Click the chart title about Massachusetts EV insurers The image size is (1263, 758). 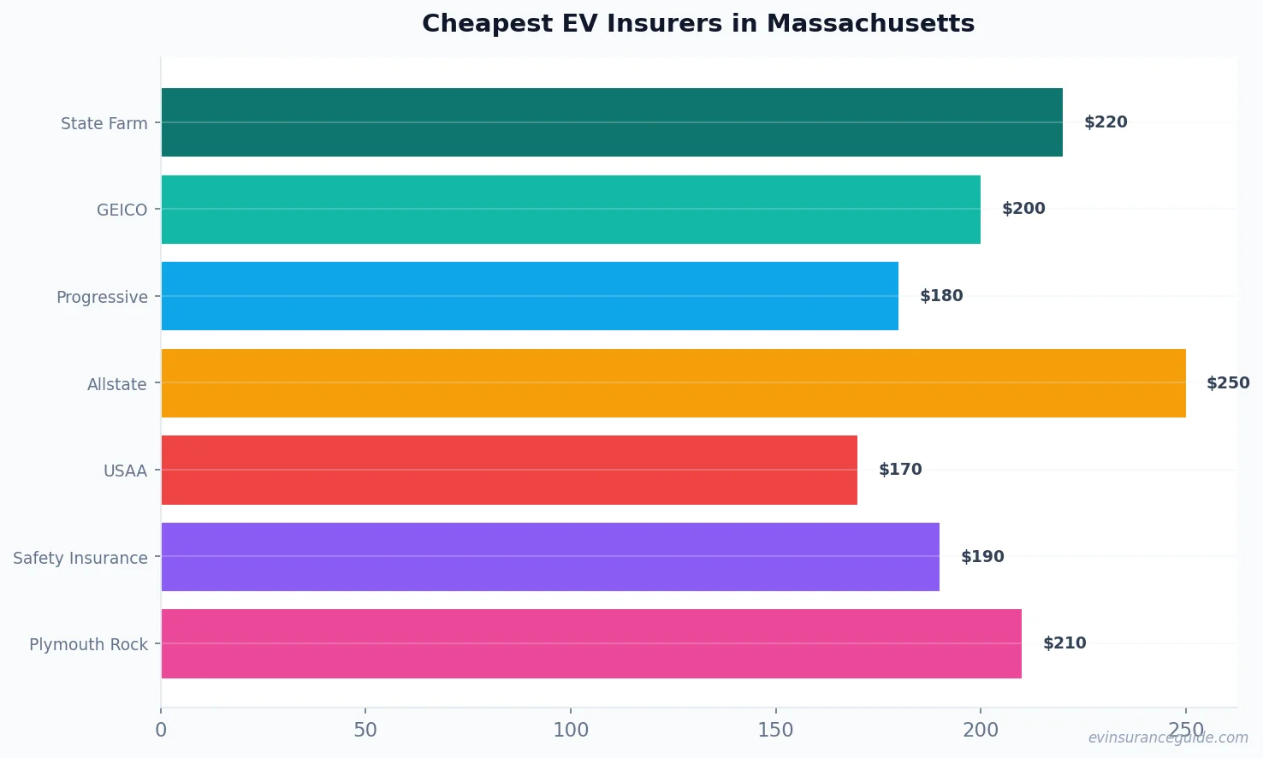(698, 23)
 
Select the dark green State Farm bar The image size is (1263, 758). (612, 122)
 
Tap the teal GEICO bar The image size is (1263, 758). (571, 210)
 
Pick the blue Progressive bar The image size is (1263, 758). (530, 296)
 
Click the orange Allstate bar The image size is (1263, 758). (673, 383)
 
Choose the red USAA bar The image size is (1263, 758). (509, 470)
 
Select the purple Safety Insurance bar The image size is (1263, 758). (550, 557)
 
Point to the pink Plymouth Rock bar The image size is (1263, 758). (591, 643)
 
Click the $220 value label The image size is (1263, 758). (1106, 122)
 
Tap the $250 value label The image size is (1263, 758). (1228, 383)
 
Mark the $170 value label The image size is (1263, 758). (900, 470)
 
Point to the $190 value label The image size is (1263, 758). (982, 557)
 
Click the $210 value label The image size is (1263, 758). (1064, 643)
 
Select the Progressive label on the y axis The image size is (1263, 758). (102, 297)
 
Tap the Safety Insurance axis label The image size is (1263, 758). (80, 558)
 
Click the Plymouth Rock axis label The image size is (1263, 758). (88, 644)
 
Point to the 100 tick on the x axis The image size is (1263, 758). (571, 730)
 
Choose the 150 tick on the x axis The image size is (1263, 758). (775, 730)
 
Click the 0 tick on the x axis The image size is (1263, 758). (161, 730)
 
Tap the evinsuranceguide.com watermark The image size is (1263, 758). (1168, 737)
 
